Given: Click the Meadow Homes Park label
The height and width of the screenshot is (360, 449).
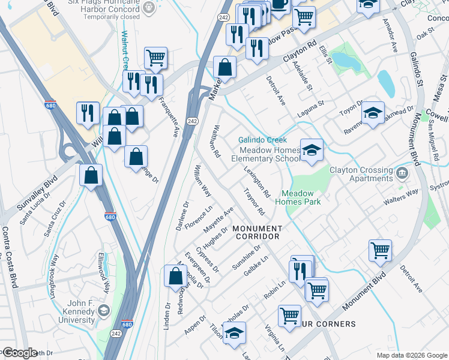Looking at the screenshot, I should (x=298, y=197).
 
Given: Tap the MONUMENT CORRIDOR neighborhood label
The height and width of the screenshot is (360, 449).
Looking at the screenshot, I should (x=257, y=232).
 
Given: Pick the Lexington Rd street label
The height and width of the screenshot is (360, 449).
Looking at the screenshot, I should (x=258, y=181).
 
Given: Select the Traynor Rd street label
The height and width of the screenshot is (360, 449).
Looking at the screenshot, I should (x=255, y=202).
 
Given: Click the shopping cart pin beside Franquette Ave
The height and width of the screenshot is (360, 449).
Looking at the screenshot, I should (x=155, y=58).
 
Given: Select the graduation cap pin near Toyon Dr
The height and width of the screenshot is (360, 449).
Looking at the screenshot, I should (x=372, y=112).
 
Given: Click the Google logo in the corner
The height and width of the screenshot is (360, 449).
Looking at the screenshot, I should (x=19, y=353).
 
